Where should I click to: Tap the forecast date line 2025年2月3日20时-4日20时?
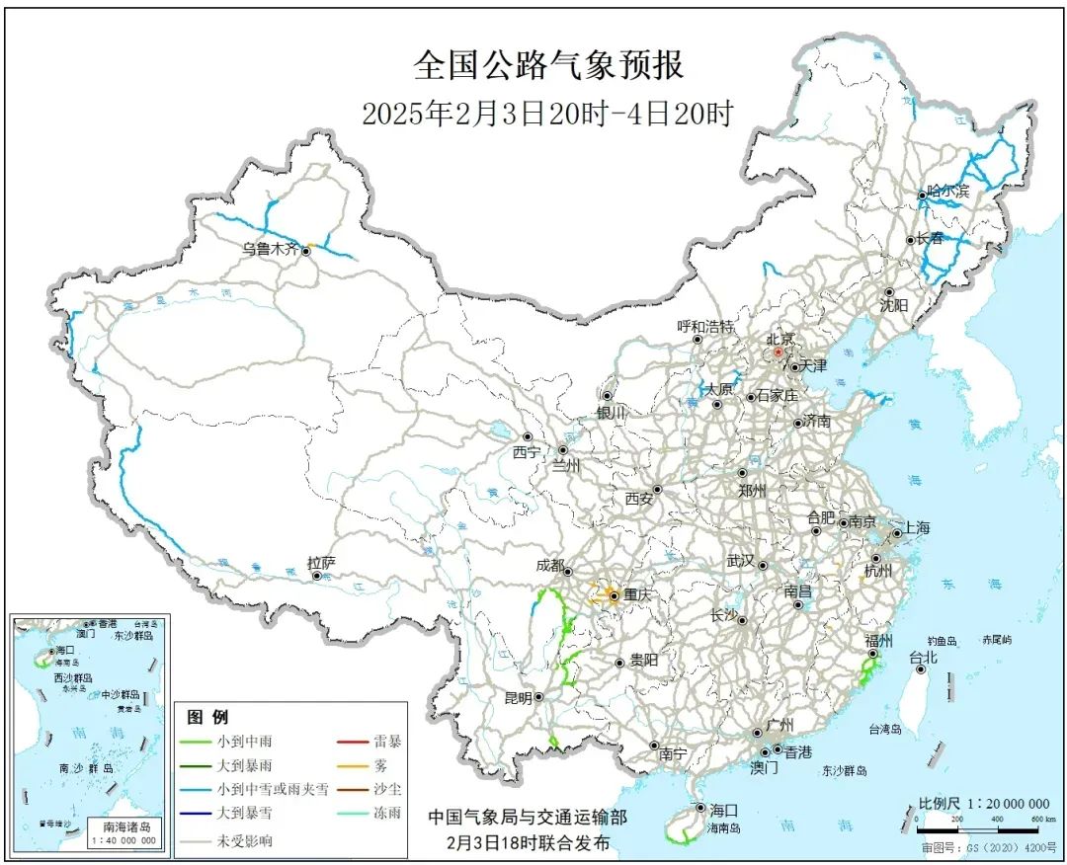point(547,114)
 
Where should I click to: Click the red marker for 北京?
point(778,352)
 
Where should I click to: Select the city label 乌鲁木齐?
point(270,250)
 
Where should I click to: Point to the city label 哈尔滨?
point(948,192)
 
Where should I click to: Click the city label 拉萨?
point(321,563)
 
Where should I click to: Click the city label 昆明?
point(518,697)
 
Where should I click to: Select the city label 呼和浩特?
point(705,326)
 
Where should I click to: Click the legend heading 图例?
point(207,717)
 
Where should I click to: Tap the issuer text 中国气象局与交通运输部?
point(527,818)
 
